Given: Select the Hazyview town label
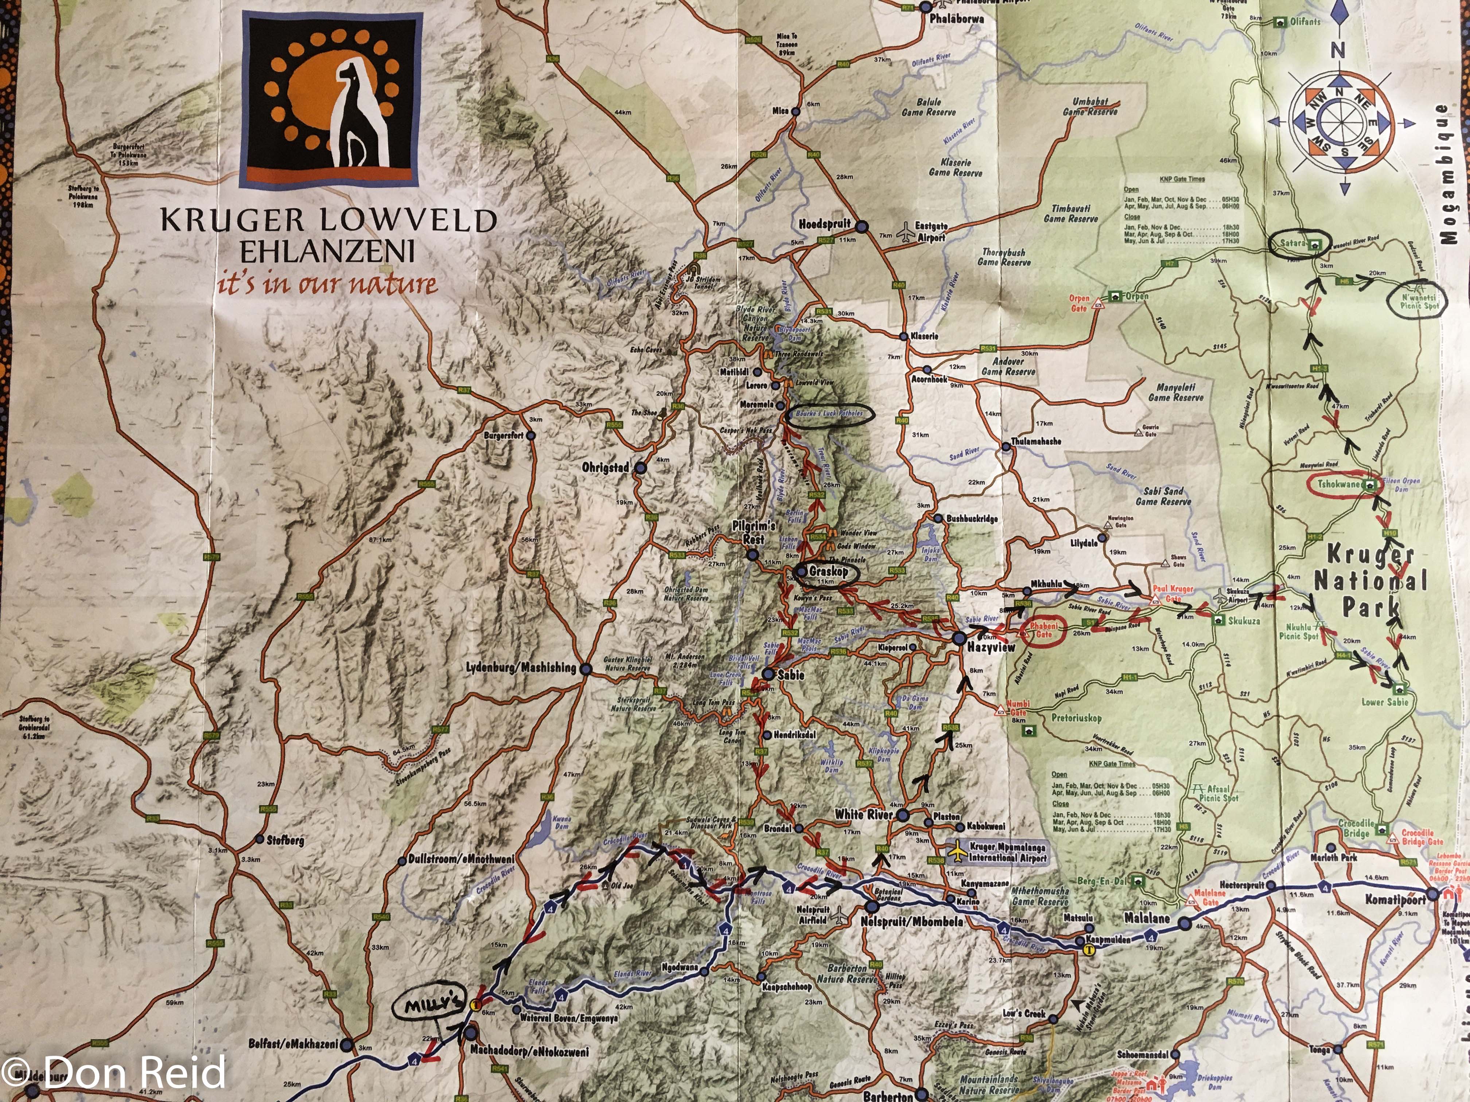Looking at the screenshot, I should (991, 647).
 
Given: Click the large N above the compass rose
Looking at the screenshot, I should (1337, 50).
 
